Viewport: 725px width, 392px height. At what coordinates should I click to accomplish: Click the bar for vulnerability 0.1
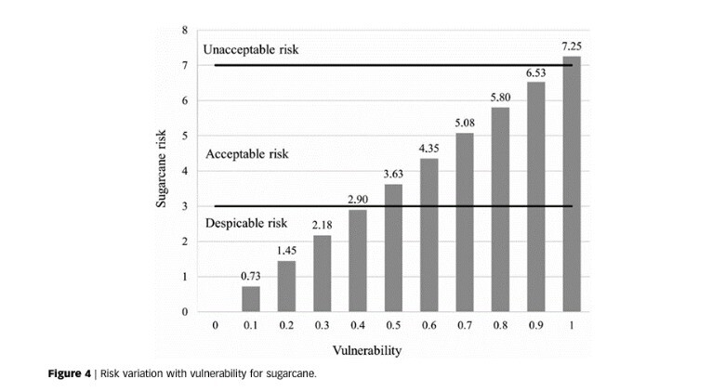coord(251,298)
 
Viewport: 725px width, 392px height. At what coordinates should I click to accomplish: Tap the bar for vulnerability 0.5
coord(393,248)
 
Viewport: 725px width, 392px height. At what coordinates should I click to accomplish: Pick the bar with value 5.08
coord(465,222)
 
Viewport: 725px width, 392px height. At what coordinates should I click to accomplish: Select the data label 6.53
coord(536,73)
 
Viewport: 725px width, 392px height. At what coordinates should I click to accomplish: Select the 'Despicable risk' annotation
coord(245,224)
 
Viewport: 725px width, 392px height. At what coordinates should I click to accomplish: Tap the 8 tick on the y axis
coord(186,31)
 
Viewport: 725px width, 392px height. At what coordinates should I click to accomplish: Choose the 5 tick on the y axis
coord(186,136)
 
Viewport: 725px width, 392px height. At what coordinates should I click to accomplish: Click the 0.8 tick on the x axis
coord(500,325)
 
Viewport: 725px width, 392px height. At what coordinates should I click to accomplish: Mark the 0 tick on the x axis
coord(215,325)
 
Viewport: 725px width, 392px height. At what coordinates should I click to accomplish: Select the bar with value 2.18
coord(322,273)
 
